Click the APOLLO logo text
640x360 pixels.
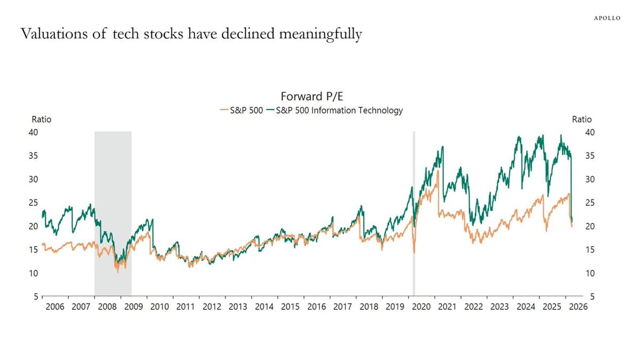pyautogui.click(x=607, y=18)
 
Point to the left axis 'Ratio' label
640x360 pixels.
pyautogui.click(x=42, y=119)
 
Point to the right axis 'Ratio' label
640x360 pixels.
pyautogui.click(x=581, y=119)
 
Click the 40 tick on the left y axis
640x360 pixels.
pyautogui.click(x=33, y=132)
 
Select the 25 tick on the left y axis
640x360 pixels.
pyautogui.click(x=33, y=203)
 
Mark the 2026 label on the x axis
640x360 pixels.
pyautogui.click(x=577, y=307)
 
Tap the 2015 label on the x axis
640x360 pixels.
pyautogui.click(x=290, y=307)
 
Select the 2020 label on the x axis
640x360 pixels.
pyautogui.click(x=421, y=307)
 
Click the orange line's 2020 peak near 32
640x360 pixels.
pyautogui.click(x=438, y=171)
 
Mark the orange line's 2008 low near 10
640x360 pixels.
pyautogui.click(x=118, y=272)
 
